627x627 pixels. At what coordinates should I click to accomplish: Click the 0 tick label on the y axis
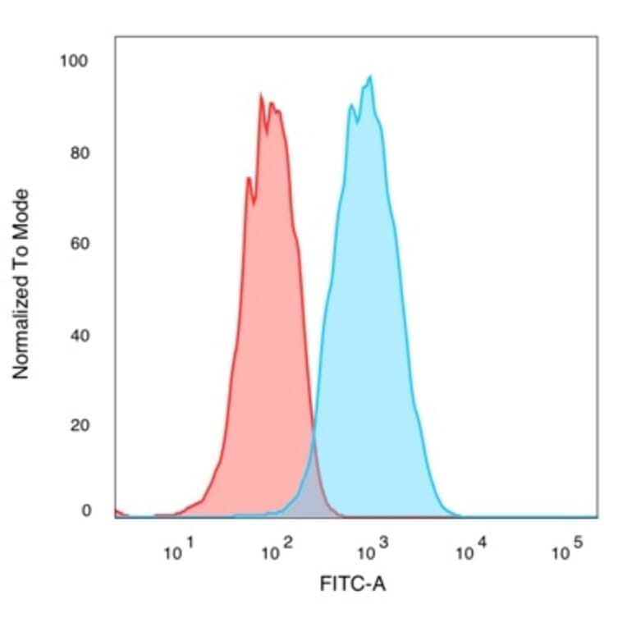(85, 510)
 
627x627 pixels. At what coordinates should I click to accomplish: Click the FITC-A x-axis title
(352, 584)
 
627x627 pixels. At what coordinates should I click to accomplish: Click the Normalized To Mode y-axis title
(21, 284)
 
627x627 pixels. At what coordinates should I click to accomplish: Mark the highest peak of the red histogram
(261, 95)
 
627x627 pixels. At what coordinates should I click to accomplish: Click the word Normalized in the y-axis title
(21, 321)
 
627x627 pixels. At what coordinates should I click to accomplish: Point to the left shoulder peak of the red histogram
(248, 177)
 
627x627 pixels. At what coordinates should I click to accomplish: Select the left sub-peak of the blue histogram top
(351, 104)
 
